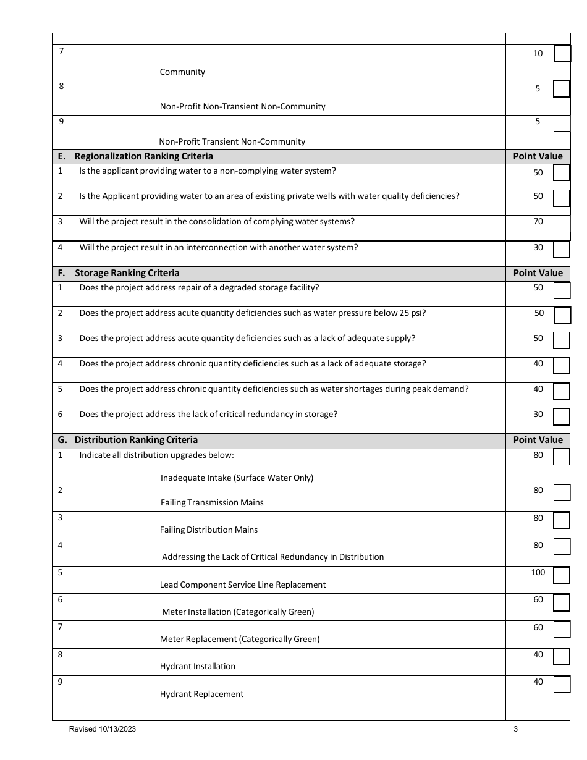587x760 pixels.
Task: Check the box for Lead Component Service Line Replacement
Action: coord(561,575)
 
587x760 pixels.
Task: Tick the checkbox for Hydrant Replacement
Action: coord(561,685)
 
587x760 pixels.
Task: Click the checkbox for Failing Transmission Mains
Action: coord(561,492)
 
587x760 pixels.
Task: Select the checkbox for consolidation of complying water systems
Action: coord(561,224)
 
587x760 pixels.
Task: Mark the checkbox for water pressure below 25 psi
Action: coord(562,315)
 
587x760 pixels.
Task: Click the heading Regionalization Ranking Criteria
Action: coord(143,156)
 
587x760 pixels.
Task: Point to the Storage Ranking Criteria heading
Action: coord(127,273)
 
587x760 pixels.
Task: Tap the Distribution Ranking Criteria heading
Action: coord(136,440)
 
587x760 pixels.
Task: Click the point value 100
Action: coord(538,572)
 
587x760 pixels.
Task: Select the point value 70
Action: coord(538,221)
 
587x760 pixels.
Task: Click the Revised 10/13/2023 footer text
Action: coord(103,729)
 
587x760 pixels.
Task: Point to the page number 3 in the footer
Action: coord(515,729)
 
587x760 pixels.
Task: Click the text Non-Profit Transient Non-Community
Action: coord(232,141)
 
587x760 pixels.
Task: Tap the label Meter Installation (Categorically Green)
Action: coord(238,612)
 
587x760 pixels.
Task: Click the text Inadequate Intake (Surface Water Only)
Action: coord(237,478)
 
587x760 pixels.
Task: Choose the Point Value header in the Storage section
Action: coord(538,273)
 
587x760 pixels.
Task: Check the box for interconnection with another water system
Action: coord(561,249)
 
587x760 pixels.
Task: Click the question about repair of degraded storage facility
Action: coord(199,287)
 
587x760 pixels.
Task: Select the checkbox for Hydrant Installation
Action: coord(561,656)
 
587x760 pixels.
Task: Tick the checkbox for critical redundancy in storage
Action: coord(561,417)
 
